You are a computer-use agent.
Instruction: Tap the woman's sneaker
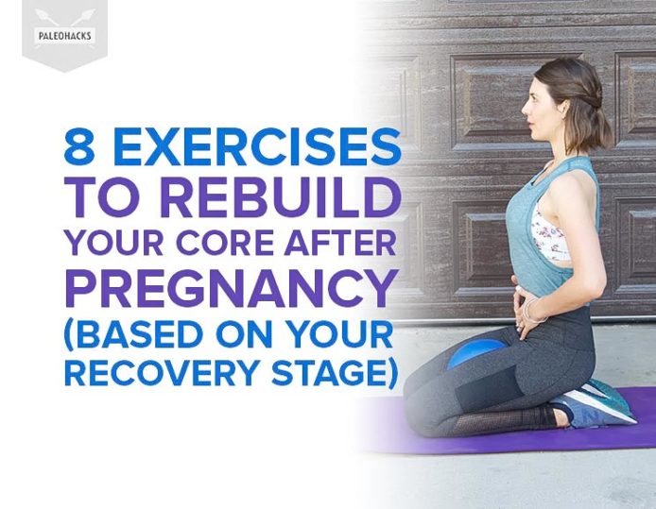coord(598,404)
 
